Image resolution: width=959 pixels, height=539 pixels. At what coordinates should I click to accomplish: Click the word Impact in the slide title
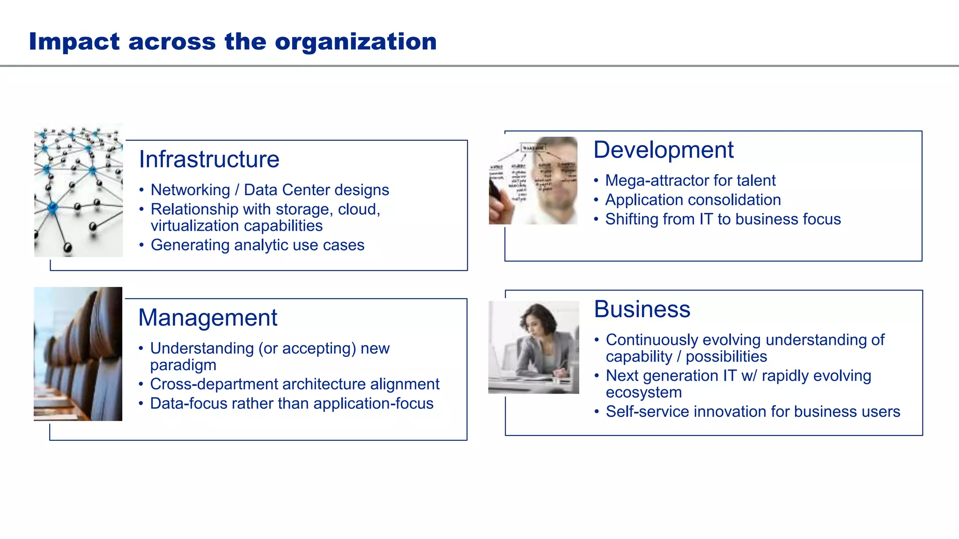pos(74,42)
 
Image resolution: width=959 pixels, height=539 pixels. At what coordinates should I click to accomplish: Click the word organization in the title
pos(355,42)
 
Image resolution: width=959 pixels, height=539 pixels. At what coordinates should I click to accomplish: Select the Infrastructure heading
pos(209,160)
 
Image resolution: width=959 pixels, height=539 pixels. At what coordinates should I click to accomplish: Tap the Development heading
pos(663,150)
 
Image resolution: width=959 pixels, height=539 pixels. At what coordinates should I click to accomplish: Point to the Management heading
pos(207,318)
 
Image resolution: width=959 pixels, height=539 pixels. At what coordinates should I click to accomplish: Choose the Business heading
pos(642,309)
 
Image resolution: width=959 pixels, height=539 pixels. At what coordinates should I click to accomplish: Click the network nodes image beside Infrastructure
pos(79,190)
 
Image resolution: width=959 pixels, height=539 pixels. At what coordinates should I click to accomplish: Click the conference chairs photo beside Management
pos(78,354)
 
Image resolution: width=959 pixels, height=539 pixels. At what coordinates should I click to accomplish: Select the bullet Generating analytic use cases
pos(257,245)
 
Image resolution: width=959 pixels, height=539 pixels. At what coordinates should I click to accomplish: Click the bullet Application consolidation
pos(693,200)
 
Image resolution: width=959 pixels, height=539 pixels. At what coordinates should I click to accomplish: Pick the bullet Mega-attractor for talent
pos(690,181)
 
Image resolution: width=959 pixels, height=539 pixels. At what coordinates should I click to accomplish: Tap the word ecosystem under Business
pos(643,393)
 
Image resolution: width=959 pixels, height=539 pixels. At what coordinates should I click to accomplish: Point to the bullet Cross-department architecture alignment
pos(295,384)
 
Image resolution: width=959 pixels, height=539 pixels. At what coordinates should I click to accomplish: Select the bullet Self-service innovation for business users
pos(752,412)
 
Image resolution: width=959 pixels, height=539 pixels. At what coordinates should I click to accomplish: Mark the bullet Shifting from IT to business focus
pos(723,219)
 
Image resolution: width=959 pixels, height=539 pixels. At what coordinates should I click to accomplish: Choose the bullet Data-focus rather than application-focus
pos(291,404)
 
